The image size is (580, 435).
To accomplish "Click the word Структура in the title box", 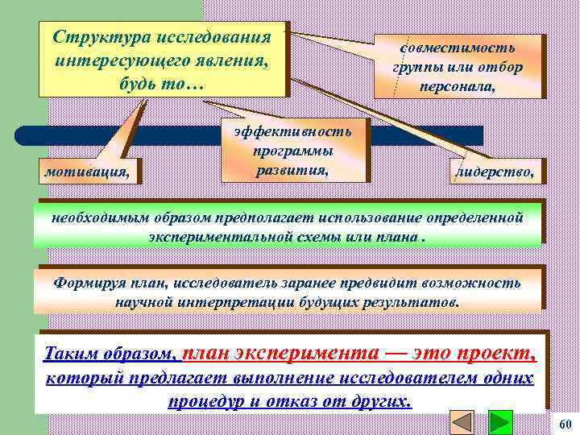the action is coord(92,38).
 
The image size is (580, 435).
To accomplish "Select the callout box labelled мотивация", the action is coord(87,171).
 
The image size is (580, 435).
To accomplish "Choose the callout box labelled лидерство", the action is coord(495,171).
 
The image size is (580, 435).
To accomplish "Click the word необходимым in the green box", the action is coord(95,217).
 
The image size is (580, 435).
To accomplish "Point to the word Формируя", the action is coord(85,283).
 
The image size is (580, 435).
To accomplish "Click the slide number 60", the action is coord(564,424).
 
